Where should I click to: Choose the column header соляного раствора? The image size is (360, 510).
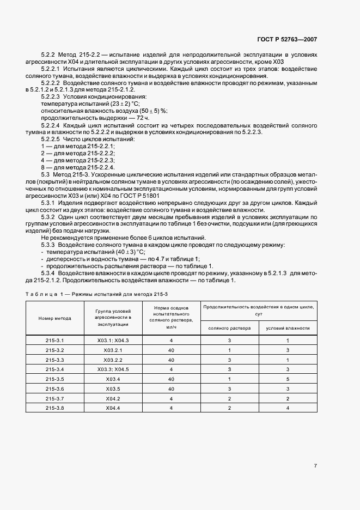(229, 328)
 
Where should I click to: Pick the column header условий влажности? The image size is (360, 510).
(288, 328)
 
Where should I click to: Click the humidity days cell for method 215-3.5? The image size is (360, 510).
(288, 379)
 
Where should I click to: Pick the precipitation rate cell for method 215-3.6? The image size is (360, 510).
(171, 388)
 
